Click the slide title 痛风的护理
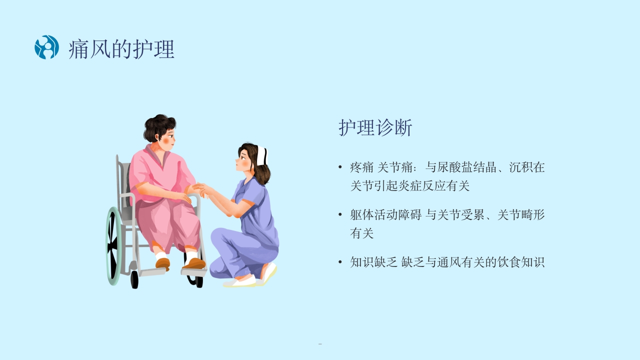(121, 49)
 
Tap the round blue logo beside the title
(47, 47)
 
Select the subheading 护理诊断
(375, 128)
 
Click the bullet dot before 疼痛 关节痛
(340, 167)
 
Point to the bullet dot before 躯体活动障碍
(340, 215)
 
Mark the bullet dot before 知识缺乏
(340, 262)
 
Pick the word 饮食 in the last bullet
(509, 262)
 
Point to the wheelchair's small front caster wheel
(134, 279)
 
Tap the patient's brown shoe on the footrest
(194, 263)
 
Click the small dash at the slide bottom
(320, 344)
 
